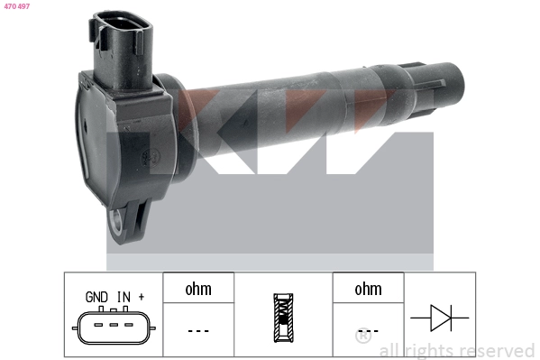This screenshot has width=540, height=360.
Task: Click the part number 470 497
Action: tap(18, 6)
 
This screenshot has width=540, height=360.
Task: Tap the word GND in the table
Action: tap(96, 296)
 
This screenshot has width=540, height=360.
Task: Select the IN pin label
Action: tap(124, 296)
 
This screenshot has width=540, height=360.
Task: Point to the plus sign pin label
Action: tap(142, 296)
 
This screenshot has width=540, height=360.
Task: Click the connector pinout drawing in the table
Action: tap(114, 326)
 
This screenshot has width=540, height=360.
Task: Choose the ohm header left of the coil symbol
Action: tap(198, 289)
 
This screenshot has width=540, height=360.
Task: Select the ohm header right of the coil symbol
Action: tap(368, 289)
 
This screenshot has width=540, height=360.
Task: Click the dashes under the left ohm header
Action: tap(198, 331)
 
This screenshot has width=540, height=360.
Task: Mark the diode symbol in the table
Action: tap(439, 317)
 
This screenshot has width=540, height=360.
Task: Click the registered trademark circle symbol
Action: tap(363, 337)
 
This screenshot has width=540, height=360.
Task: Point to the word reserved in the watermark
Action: tap(497, 350)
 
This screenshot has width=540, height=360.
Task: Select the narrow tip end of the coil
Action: tap(447, 80)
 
